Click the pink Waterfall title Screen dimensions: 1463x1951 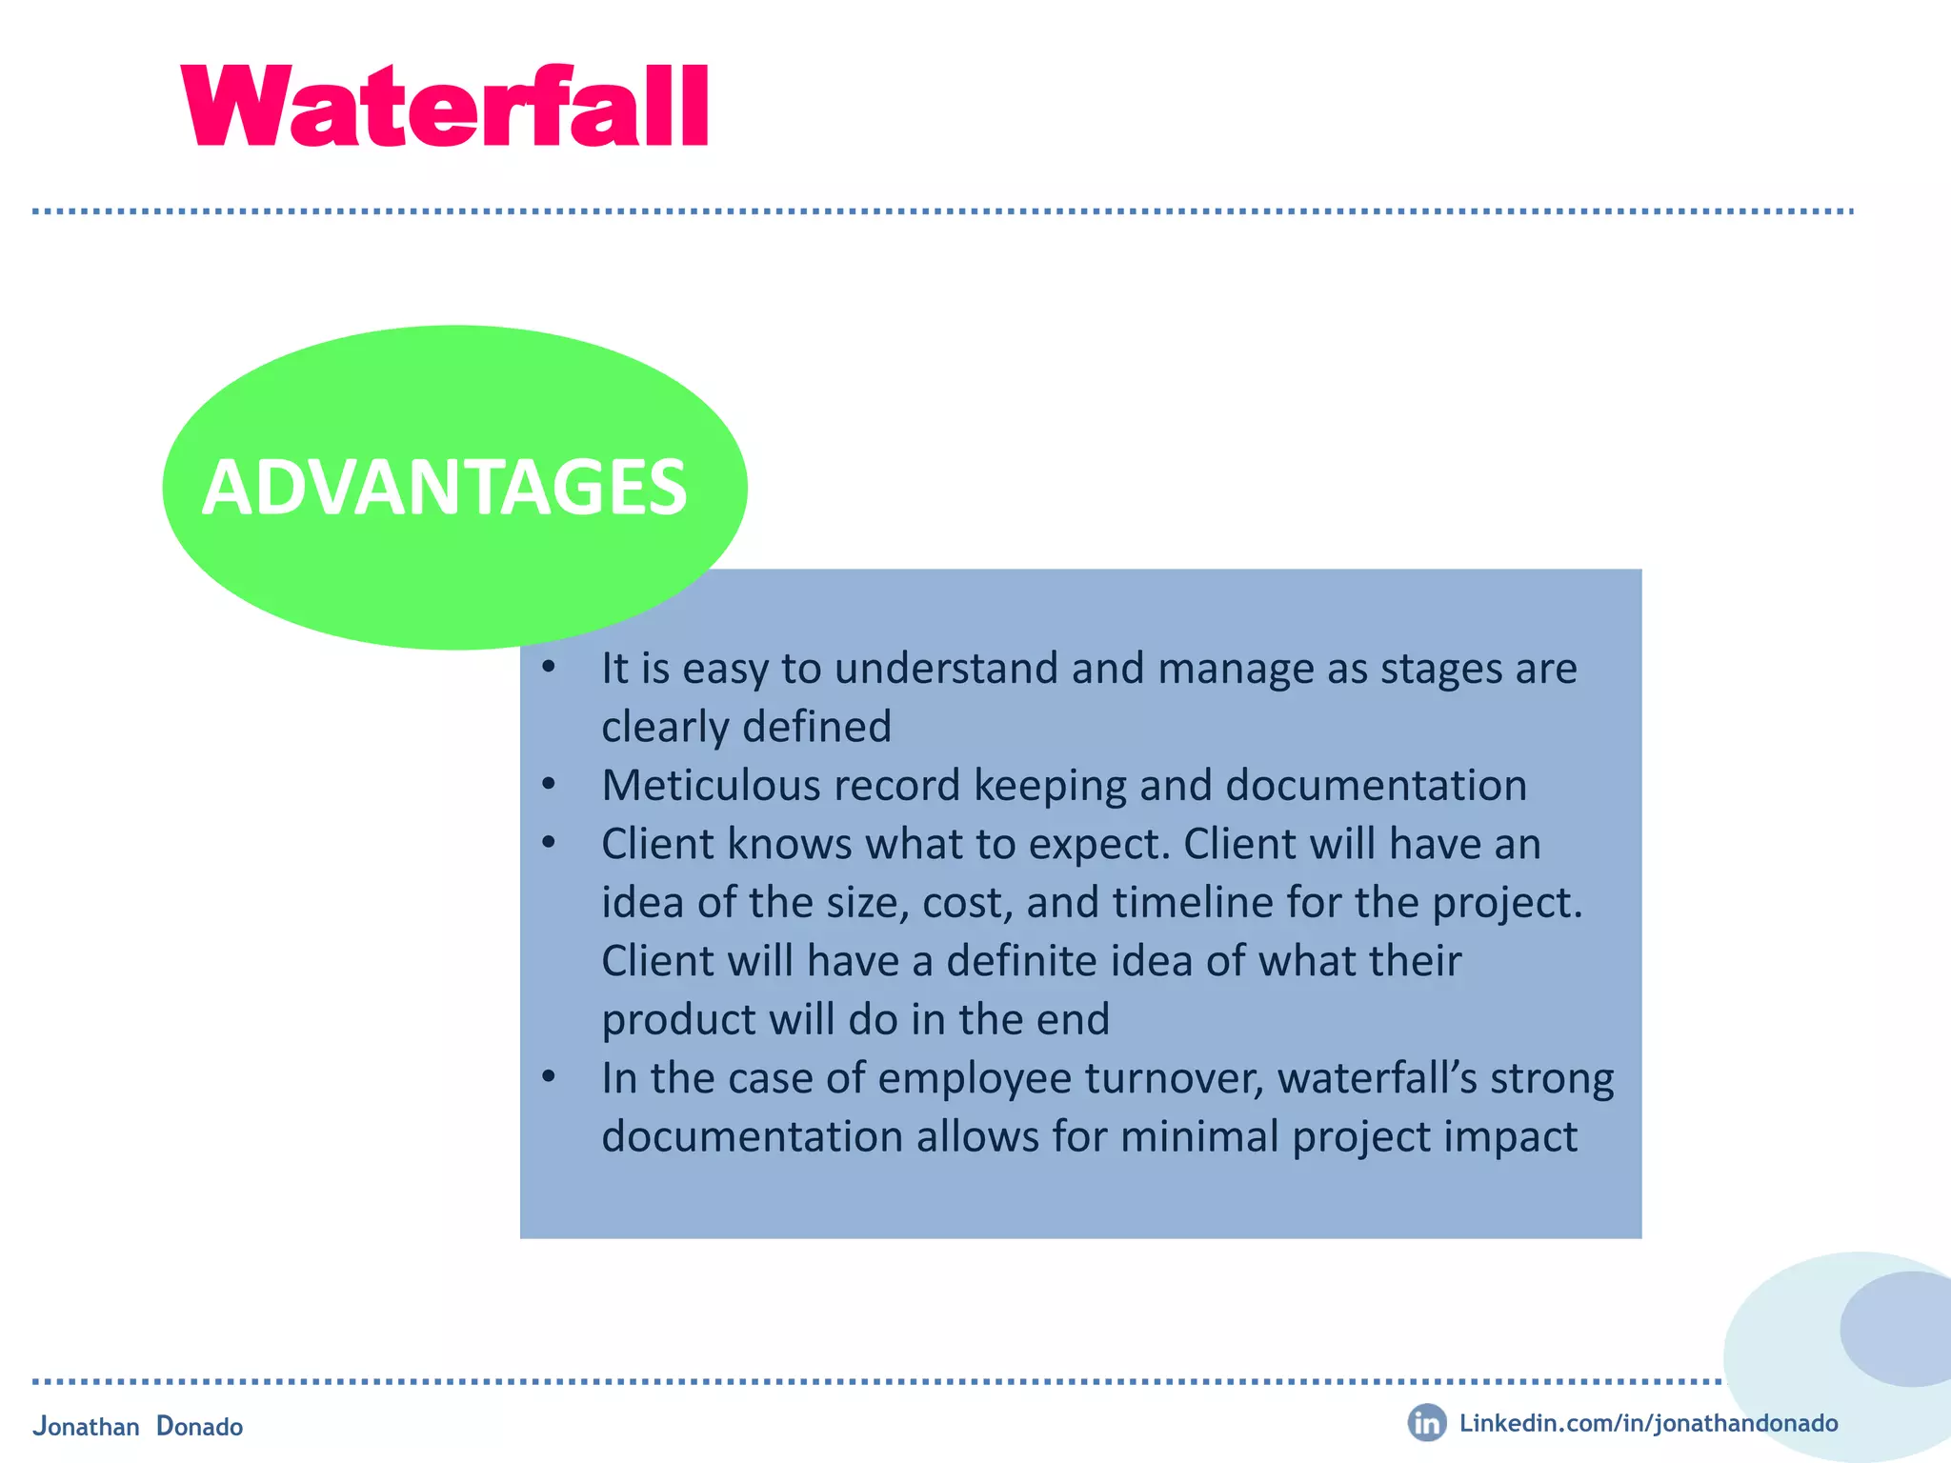[x=445, y=107]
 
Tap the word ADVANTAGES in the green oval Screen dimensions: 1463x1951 [x=444, y=489]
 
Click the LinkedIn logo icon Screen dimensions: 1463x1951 [x=1426, y=1423]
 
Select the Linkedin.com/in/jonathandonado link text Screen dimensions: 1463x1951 [x=1648, y=1423]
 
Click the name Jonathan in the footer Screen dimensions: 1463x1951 [x=86, y=1427]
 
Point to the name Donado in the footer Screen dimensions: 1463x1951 [x=200, y=1427]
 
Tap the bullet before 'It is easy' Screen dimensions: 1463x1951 [x=549, y=667]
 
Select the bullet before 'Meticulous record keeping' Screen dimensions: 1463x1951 [x=549, y=785]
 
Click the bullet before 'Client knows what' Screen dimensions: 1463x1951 [x=549, y=843]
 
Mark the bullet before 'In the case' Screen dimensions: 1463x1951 [x=549, y=1077]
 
